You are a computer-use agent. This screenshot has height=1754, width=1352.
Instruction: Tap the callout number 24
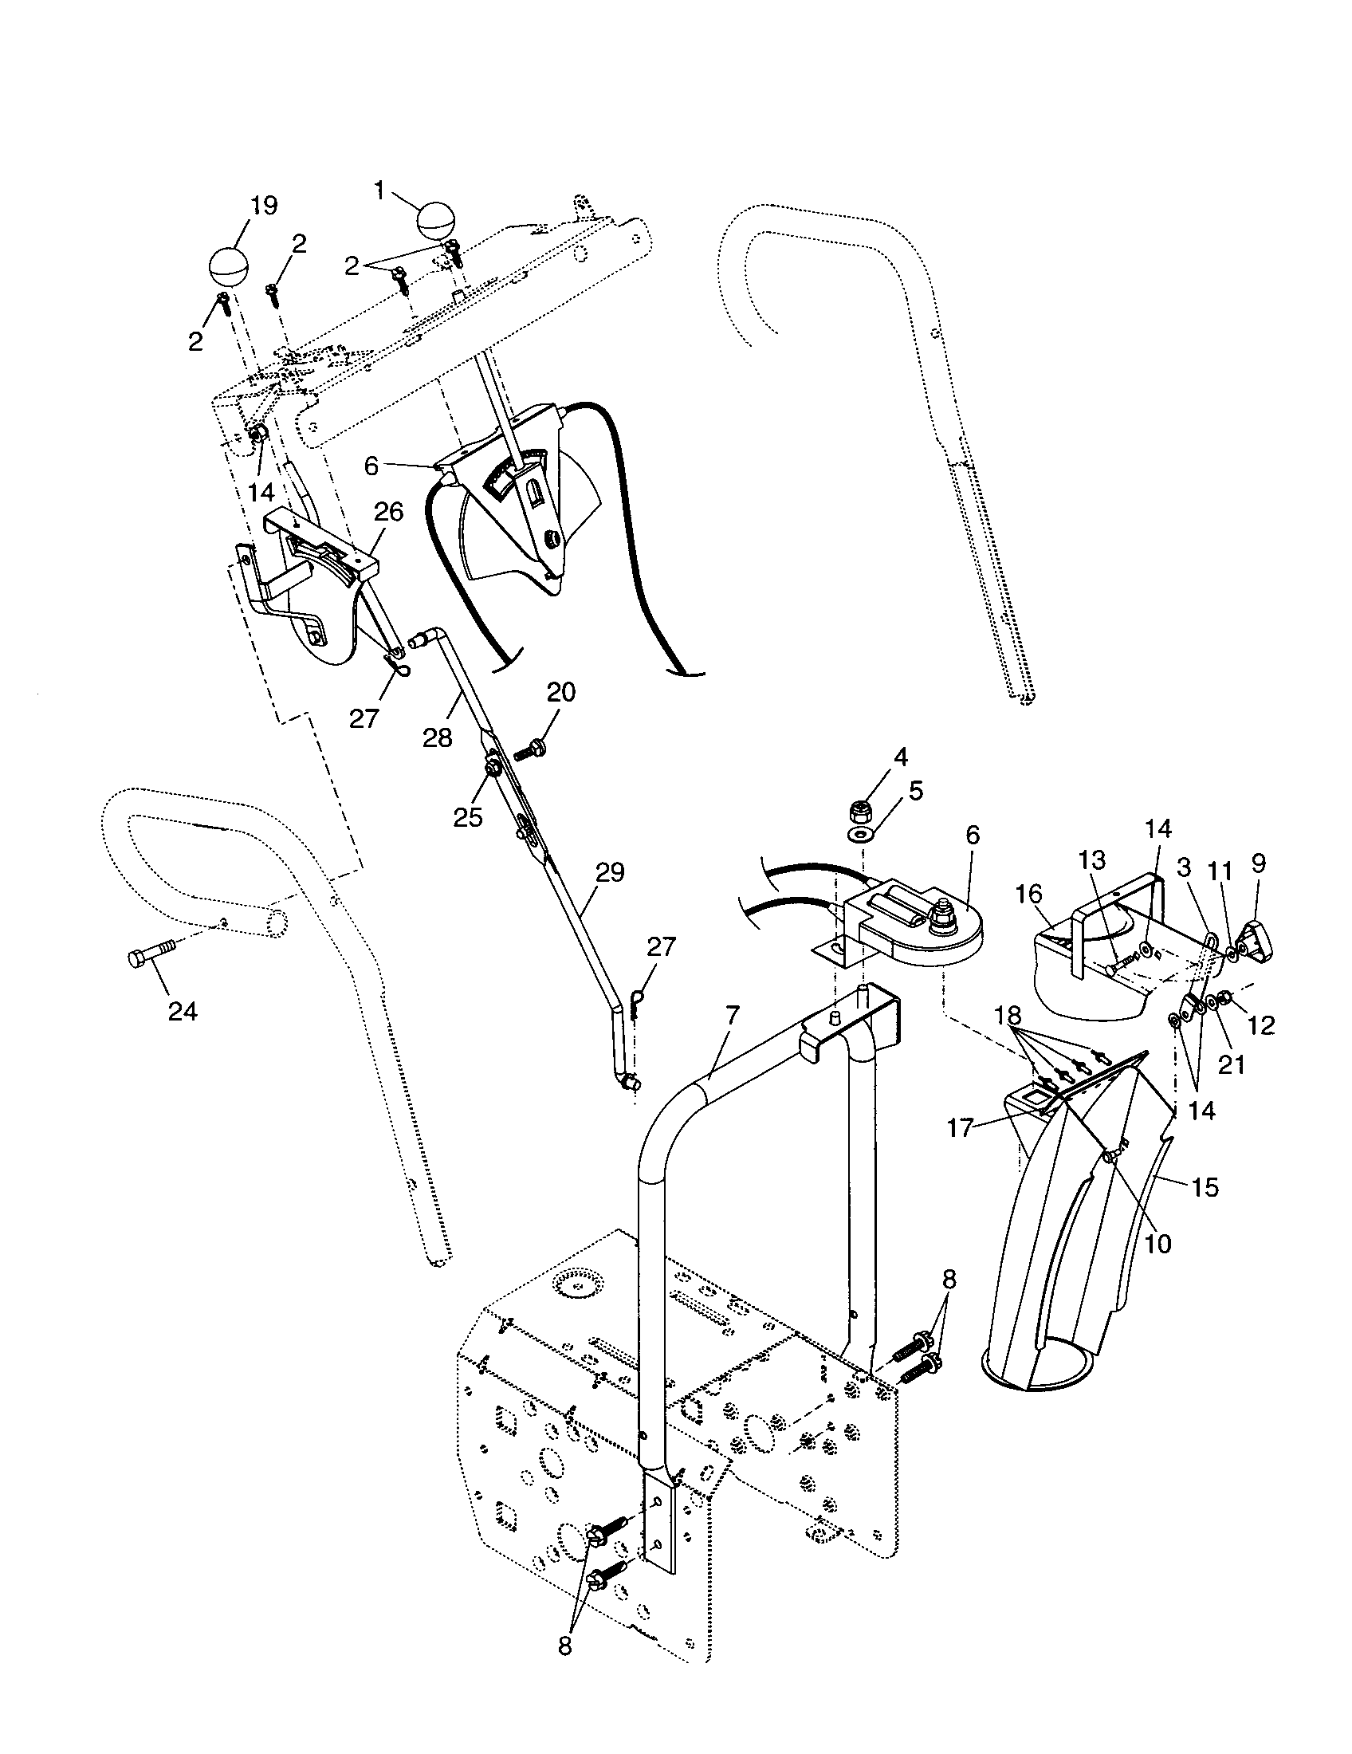click(x=183, y=1011)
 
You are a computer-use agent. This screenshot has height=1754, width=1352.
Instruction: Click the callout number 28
click(x=438, y=737)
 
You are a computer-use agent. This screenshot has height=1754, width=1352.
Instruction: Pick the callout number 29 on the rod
click(x=610, y=872)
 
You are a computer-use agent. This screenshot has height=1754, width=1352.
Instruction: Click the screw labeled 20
click(x=531, y=750)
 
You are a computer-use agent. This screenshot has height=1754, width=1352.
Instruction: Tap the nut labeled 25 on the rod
click(x=490, y=769)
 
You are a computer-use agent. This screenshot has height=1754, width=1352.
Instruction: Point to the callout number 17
click(x=961, y=1128)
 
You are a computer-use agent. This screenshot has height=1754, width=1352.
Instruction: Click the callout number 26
click(x=388, y=512)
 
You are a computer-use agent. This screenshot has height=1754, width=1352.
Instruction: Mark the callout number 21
click(x=1231, y=1064)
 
